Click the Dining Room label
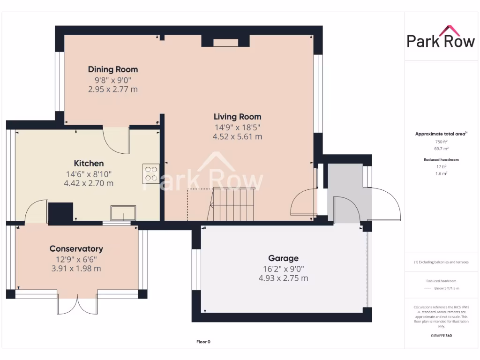tap(113, 69)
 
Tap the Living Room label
tap(237, 117)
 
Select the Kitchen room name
tap(89, 163)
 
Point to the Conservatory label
tap(76, 249)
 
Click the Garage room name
tap(283, 258)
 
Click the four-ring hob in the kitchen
tap(151, 174)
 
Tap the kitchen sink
tap(123, 213)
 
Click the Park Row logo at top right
tap(441, 37)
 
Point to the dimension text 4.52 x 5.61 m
tap(237, 137)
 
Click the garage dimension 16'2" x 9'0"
tap(283, 269)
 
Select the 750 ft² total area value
tap(441, 142)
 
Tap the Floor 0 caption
tap(203, 342)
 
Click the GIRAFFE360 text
tap(441, 336)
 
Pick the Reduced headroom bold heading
tap(441, 160)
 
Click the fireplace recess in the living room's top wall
tap(225, 43)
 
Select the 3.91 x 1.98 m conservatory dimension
tap(76, 269)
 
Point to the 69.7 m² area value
tap(441, 148)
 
